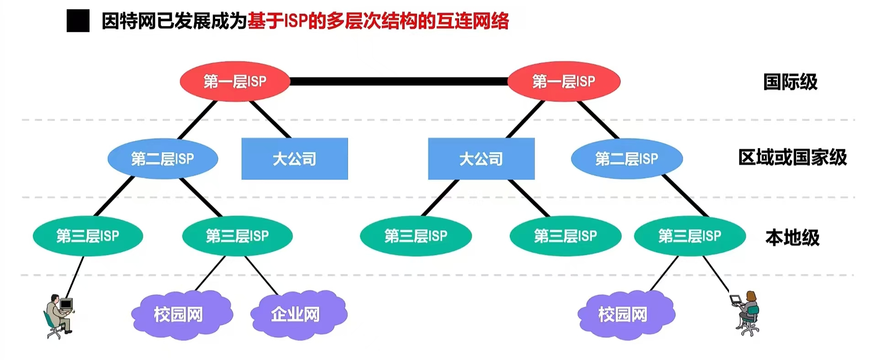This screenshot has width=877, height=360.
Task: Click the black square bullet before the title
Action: coord(78,21)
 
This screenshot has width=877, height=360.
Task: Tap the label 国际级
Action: coord(790,82)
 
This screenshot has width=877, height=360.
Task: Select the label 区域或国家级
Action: coord(792,158)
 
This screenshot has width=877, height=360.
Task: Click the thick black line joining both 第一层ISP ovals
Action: coord(398,81)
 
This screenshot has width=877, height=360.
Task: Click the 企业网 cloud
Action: coord(299,314)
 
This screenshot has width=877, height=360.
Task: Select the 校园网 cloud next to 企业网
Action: coord(182,314)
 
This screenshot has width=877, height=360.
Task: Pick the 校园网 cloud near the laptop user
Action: coord(626,314)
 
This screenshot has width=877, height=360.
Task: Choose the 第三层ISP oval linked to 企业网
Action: coord(237,236)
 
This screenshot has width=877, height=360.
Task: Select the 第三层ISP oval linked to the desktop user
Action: coord(88,236)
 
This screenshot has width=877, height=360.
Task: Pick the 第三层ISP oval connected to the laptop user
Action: coord(690,236)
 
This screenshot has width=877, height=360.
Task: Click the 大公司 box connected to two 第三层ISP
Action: coord(481,159)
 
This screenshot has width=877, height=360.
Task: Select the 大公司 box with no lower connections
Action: coord(295,159)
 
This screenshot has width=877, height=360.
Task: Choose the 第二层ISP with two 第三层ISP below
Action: coord(163,159)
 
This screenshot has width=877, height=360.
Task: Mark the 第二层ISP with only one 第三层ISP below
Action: coord(627,159)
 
